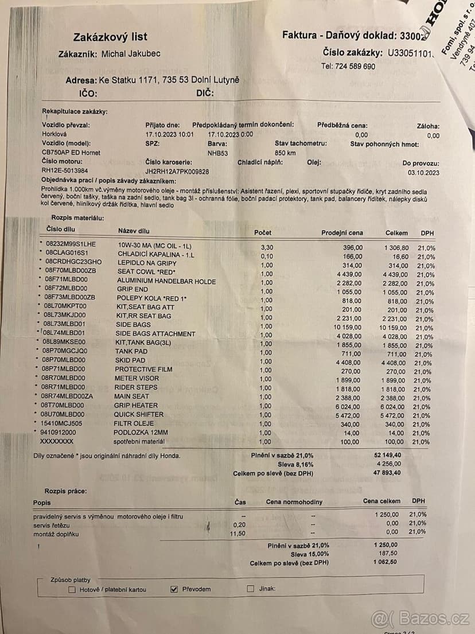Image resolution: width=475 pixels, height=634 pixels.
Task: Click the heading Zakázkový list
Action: [106, 37]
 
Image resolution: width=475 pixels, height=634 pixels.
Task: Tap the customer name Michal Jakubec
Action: [131, 54]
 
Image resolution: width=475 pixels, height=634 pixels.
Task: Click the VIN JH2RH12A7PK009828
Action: [177, 171]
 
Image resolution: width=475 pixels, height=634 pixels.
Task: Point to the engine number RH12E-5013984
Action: [65, 171]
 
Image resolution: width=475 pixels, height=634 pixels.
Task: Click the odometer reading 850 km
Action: [285, 153]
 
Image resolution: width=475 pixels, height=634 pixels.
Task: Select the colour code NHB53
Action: [217, 153]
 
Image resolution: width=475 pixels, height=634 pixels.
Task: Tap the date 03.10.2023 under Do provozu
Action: [423, 172]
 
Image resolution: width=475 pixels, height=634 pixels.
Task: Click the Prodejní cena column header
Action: [342, 233]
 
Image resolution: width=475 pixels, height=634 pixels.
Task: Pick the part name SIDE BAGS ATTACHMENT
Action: [155, 334]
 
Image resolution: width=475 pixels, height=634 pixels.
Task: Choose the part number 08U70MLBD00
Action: [63, 414]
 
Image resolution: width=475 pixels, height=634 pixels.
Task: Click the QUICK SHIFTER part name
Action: [139, 414]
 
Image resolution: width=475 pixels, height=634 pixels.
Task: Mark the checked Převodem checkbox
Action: [175, 589]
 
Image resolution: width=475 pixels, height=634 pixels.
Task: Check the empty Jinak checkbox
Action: [250, 589]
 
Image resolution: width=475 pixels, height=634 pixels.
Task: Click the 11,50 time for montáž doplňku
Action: [237, 534]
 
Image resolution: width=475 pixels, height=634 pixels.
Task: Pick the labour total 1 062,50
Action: [385, 563]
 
